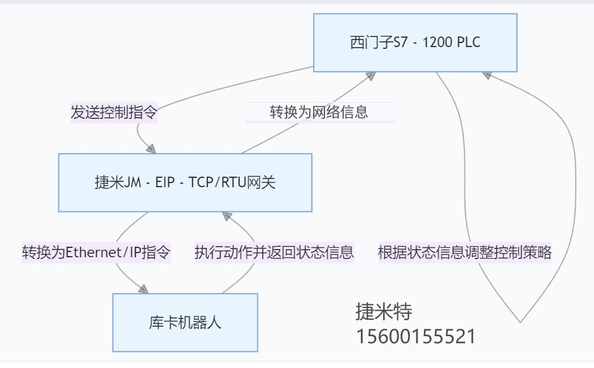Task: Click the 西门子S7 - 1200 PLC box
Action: [415, 42]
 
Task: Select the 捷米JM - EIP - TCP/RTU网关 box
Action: [185, 183]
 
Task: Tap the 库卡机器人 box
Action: [185, 322]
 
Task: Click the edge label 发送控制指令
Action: [114, 112]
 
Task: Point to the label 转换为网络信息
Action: [319, 112]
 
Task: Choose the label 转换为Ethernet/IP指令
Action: [97, 253]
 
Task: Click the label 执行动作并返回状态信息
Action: [274, 253]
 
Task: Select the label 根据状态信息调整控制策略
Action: [464, 253]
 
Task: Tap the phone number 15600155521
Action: [415, 336]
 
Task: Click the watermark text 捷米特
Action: [384, 311]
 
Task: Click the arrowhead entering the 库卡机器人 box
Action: [143, 289]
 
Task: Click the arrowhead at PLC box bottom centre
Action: [370, 76]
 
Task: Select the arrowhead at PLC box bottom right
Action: [486, 75]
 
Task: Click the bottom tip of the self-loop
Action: [520, 321]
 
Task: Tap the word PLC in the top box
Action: [470, 43]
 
